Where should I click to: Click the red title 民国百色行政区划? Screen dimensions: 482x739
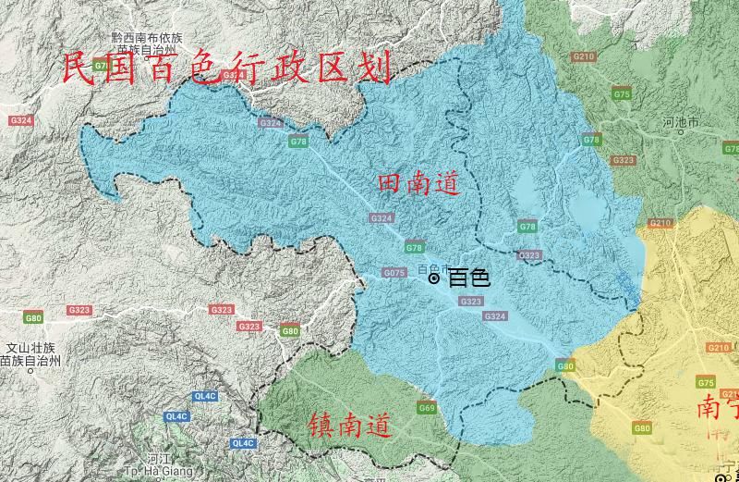tap(227, 68)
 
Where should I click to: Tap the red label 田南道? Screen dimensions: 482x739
tap(418, 184)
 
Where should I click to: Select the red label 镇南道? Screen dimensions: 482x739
tap(349, 425)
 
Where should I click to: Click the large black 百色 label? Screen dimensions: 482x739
tap(468, 278)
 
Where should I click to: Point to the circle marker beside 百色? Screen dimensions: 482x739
tap(434, 278)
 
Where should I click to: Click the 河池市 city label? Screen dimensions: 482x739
tap(682, 122)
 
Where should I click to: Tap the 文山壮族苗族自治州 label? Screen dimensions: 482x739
tap(30, 353)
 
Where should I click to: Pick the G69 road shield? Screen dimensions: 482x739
tap(427, 407)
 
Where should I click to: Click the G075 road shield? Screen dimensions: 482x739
tap(394, 273)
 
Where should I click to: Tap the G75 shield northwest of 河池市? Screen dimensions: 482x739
tap(622, 94)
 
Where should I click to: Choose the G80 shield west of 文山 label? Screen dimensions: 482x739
tap(33, 318)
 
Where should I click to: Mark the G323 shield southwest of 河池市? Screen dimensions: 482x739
tap(624, 160)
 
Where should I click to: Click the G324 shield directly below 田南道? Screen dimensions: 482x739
tap(382, 218)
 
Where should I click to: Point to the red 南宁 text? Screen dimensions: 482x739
tap(717, 407)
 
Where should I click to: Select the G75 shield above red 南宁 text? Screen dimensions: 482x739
tap(707, 383)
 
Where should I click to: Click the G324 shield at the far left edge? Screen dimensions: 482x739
tap(20, 121)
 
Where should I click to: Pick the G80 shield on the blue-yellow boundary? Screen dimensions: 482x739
tap(564, 366)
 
